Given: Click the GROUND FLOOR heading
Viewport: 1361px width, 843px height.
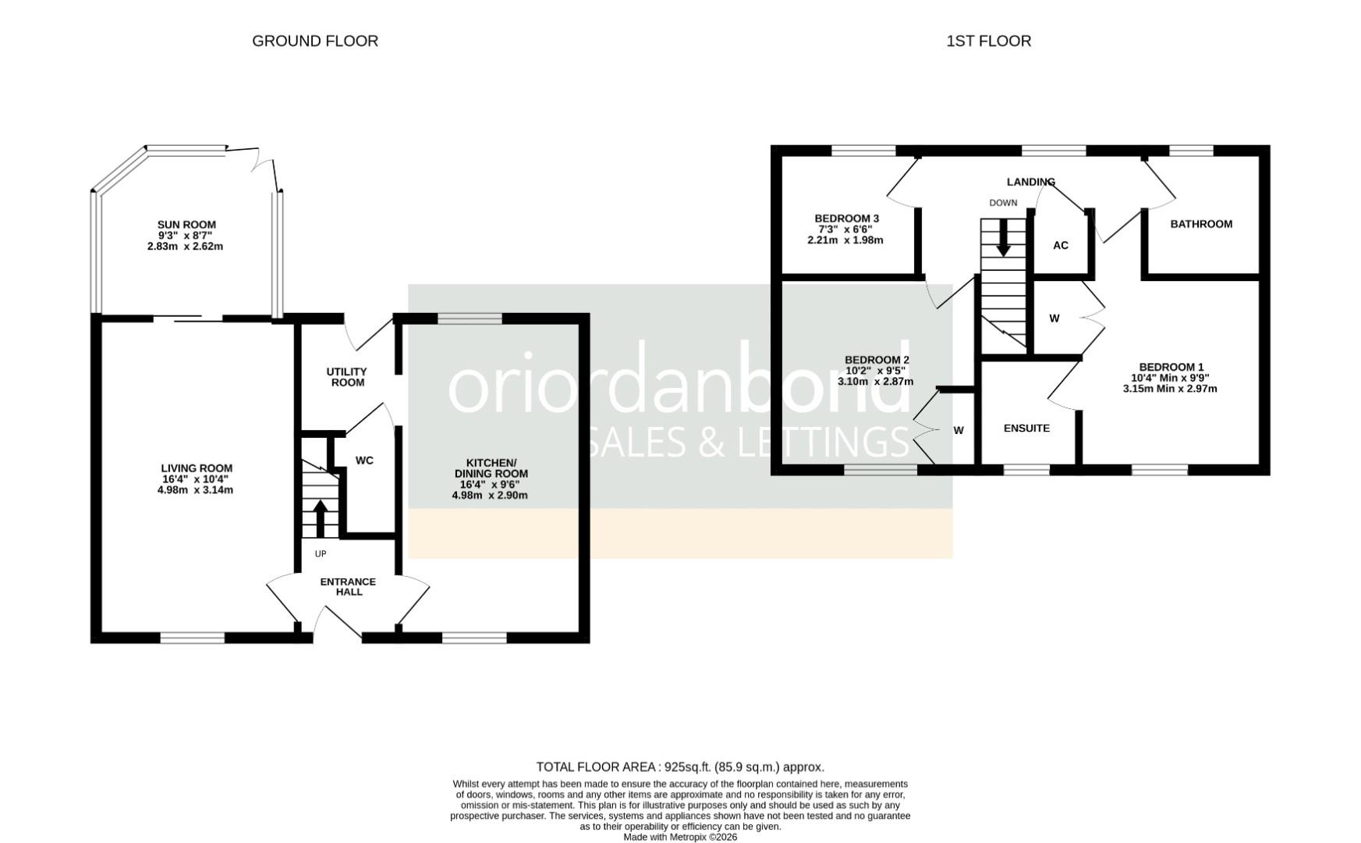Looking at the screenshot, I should click(315, 41).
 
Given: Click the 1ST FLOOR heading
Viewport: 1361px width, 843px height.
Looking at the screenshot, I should click(988, 41).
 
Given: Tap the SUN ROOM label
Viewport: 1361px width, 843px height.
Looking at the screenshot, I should click(186, 225).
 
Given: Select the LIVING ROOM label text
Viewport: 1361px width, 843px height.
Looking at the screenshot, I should click(197, 468).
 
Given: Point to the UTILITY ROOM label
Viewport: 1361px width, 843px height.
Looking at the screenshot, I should click(347, 377).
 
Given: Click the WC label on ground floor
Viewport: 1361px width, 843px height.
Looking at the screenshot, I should click(364, 461).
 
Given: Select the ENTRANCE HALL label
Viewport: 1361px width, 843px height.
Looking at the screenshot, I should click(349, 586).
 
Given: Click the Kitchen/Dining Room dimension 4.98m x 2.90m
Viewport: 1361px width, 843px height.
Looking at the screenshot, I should click(490, 495).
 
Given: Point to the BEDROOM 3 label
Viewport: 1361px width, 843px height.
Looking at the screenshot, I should click(847, 219).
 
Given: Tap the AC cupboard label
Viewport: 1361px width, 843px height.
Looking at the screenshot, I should click(1061, 245).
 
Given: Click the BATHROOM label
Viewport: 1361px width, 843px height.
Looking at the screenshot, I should click(1201, 224).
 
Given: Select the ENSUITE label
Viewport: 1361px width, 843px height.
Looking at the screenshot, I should click(1026, 429).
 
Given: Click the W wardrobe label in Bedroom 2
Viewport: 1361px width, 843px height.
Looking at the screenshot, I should click(959, 430).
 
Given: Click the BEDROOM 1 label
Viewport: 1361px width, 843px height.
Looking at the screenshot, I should click(1171, 367).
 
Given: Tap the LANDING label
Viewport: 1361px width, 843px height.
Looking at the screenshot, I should click(1030, 182).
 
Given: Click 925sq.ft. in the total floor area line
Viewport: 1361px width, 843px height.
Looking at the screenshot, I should click(687, 767).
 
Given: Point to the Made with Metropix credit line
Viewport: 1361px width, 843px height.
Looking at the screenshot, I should click(680, 837).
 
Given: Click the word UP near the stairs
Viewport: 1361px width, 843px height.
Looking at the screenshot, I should click(320, 553).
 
